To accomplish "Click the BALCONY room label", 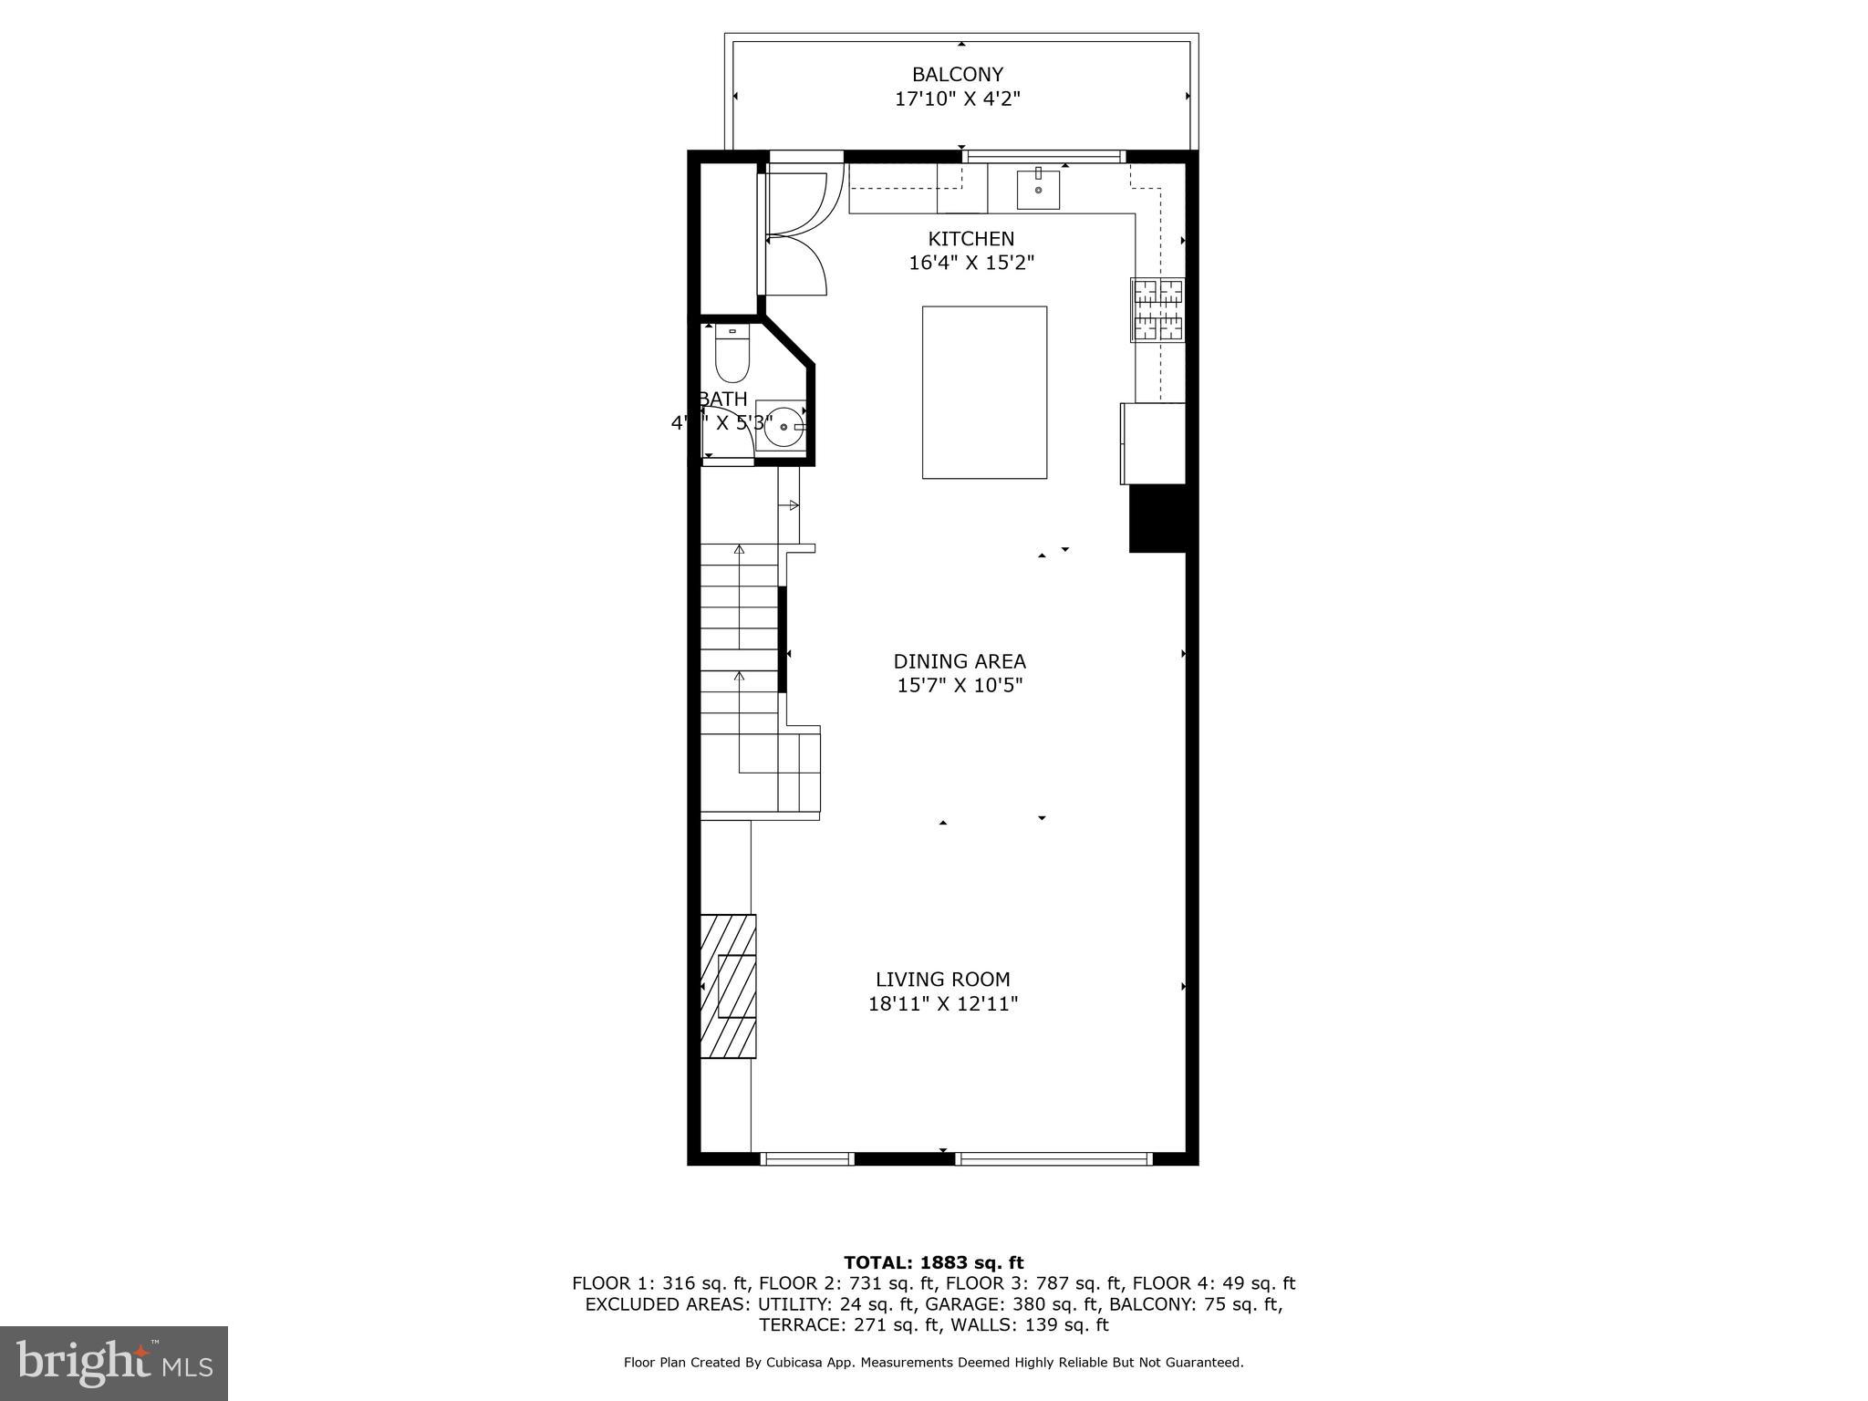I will click(957, 75).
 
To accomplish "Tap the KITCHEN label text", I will click(970, 239).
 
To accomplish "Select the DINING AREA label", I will click(959, 661).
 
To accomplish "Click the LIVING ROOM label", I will click(942, 980).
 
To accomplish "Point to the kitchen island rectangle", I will click(984, 392).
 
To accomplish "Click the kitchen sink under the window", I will click(1038, 189).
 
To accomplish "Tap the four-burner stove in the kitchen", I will click(1157, 310).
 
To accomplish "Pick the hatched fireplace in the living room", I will click(728, 986).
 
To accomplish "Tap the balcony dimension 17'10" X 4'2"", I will click(957, 99).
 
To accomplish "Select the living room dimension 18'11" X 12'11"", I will click(942, 1004).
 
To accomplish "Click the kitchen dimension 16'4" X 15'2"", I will click(970, 264).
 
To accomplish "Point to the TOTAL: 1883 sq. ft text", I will click(933, 1262).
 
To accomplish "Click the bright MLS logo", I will click(114, 1363).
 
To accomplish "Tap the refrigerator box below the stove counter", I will click(1153, 443).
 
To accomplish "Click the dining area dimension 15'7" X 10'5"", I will click(959, 686).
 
